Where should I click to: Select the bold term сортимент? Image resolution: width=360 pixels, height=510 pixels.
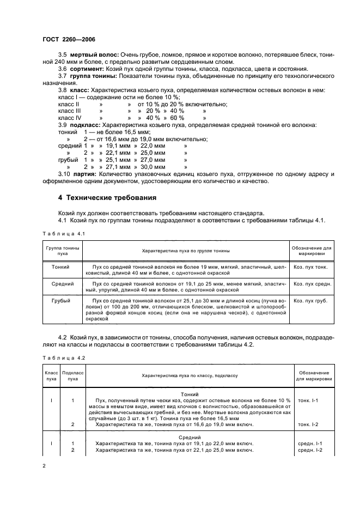click(86, 69)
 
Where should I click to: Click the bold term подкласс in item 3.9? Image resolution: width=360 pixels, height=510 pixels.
click(86, 125)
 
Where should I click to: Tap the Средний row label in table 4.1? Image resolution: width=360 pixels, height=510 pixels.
click(63, 284)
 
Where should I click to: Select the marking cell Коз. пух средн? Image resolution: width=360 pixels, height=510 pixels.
click(312, 284)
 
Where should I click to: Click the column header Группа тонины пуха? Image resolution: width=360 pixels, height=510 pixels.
click(63, 251)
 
